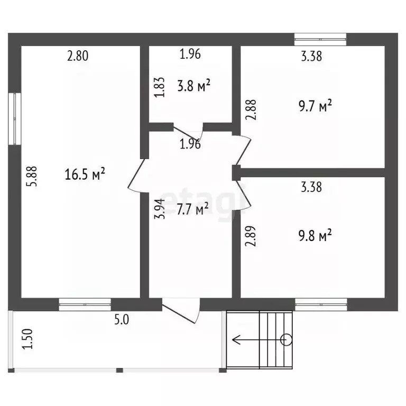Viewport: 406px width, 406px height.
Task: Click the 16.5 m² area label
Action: [x=85, y=174]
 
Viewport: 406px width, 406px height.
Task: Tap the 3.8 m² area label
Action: [x=193, y=86]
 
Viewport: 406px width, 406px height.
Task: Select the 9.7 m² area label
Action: [x=315, y=105]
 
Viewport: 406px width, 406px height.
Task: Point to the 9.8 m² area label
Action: [x=315, y=235]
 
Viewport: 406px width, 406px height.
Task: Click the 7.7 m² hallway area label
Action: [x=192, y=209]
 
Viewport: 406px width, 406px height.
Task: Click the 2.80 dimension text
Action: [x=78, y=56]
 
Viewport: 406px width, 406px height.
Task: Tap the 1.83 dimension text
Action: [x=159, y=87]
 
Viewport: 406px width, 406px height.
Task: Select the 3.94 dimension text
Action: [x=160, y=209]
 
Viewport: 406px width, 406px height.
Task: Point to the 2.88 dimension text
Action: [x=251, y=110]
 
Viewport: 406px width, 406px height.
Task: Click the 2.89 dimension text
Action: [x=251, y=236]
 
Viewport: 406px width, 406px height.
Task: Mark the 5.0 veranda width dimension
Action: [x=122, y=319]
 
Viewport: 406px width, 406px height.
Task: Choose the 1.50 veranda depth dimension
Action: [x=27, y=339]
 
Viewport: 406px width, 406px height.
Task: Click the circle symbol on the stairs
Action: [x=286, y=339]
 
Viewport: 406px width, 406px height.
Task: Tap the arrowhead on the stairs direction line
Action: [x=236, y=339]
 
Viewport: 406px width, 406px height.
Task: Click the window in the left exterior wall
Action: [x=14, y=118]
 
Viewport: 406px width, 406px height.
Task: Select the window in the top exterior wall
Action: [x=320, y=39]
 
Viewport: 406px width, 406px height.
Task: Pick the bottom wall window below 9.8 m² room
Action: [x=321, y=304]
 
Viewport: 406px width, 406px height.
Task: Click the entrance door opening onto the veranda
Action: [x=181, y=310]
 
